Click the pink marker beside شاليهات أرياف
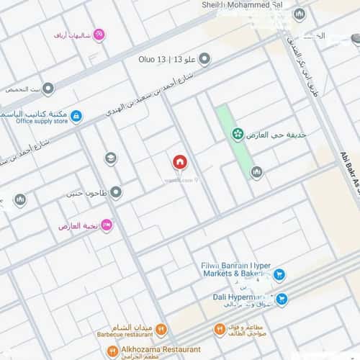[100, 34]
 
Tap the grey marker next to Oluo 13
[204, 58]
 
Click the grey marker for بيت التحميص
[48, 89]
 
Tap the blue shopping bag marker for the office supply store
[76, 115]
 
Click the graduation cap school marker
[111, 158]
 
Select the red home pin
[179, 162]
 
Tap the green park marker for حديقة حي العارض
[237, 135]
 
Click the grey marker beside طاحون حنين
[116, 192]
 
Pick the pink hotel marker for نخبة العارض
[107, 225]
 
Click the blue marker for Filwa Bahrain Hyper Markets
[279, 274]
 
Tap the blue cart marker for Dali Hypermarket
[283, 298]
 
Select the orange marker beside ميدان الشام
[161, 330]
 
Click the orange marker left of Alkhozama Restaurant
[112, 351]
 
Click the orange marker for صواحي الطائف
[220, 330]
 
